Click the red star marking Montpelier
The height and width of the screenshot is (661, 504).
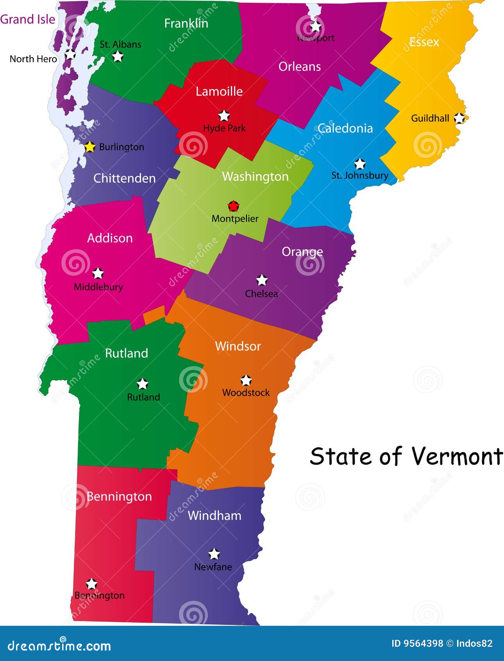coord(233,206)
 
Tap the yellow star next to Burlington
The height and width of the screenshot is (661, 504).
coord(90,147)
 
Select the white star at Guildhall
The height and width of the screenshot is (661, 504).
coord(459,118)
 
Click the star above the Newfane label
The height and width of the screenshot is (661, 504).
coord(214,554)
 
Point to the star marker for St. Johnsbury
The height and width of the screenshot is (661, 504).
coord(359,164)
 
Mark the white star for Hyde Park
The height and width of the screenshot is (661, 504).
coord(224,116)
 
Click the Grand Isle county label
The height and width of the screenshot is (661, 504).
coord(27,19)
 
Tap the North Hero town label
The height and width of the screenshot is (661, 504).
coord(33,59)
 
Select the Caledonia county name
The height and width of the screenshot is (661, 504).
coord(345,128)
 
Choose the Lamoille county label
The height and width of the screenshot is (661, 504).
coord(219,92)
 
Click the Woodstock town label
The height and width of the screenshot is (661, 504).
coord(246,392)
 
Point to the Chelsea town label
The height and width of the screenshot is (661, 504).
coord(261,293)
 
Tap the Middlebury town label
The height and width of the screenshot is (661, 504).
coord(98,287)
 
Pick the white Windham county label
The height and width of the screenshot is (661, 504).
coord(214,516)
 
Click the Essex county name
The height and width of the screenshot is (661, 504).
coord(424,42)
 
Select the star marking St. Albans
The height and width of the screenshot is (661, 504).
coord(118,57)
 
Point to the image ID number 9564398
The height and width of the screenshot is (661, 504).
coord(423,643)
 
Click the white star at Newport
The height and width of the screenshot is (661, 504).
coord(315,27)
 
